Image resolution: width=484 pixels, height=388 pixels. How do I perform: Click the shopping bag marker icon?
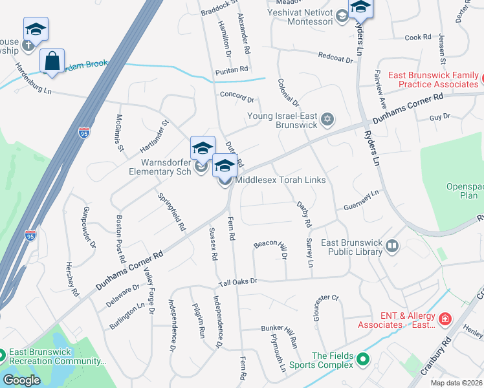coord(52,61)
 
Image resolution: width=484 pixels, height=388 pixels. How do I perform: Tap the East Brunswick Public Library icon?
coord(391,246)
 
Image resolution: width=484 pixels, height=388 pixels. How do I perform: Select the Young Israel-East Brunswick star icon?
coord(327,118)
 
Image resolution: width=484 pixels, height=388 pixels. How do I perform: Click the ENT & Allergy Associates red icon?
coord(445,319)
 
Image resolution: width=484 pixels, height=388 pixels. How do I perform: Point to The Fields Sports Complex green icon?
coord(363,359)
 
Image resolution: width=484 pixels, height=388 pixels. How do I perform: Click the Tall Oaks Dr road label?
coord(238,281)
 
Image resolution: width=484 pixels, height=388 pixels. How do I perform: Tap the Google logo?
coord(21,380)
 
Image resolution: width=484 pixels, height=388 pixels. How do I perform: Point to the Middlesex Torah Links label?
coord(280,180)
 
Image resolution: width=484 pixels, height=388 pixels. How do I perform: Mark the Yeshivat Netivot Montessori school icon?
coord(342,16)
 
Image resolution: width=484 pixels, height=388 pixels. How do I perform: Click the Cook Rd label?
coord(417,38)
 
